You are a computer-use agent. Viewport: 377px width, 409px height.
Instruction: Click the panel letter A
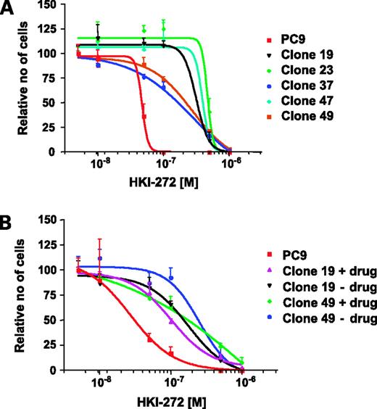click(9, 10)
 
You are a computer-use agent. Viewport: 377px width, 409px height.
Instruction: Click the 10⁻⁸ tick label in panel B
click(100, 383)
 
